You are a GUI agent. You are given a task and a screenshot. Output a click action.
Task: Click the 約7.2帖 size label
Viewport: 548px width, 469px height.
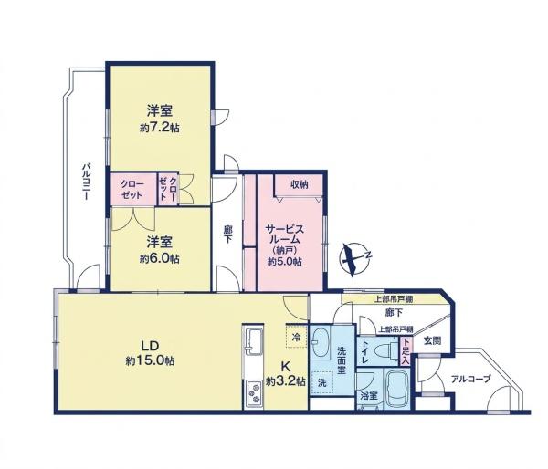tap(160, 128)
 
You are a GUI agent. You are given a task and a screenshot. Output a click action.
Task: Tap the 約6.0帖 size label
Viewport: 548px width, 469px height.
tap(160, 259)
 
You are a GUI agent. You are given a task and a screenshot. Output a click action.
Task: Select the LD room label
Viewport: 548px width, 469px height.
tap(151, 346)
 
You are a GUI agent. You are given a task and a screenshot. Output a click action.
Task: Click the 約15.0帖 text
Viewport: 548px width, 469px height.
tap(151, 360)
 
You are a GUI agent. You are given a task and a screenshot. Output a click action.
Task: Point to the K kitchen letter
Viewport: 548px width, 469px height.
tap(286, 366)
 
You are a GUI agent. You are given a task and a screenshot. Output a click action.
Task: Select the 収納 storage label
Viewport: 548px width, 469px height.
tap(300, 184)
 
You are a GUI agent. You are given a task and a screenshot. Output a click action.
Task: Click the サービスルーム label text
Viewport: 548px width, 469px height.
tap(284, 234)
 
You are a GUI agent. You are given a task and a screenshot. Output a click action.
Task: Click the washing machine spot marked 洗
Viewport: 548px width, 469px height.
tap(321, 382)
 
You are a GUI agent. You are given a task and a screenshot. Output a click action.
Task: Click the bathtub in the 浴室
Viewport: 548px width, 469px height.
tap(397, 390)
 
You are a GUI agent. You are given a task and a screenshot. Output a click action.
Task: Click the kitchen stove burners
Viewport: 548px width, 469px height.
tap(254, 392)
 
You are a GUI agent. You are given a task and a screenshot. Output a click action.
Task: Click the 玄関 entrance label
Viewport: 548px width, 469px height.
tap(432, 341)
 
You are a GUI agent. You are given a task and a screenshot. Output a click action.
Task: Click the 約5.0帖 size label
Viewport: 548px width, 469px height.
tap(285, 262)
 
